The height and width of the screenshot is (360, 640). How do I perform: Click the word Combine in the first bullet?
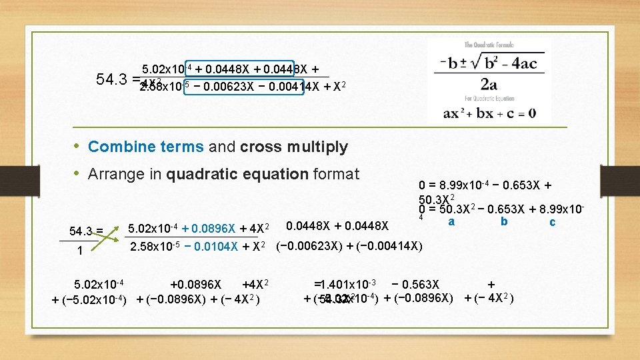[x=113, y=147]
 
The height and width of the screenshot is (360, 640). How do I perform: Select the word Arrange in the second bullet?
[x=115, y=175]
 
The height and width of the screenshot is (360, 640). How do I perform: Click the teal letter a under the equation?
[x=451, y=221]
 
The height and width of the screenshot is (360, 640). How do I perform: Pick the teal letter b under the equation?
[x=504, y=221]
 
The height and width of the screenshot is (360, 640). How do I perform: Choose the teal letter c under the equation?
[x=552, y=222]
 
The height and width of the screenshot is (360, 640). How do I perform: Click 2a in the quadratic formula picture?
[x=489, y=85]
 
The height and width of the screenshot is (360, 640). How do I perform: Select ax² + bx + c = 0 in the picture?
[x=489, y=113]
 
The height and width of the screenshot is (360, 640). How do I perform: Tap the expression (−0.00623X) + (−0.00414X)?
[x=349, y=247]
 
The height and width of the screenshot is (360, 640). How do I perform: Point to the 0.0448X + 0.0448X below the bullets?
[x=337, y=229]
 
